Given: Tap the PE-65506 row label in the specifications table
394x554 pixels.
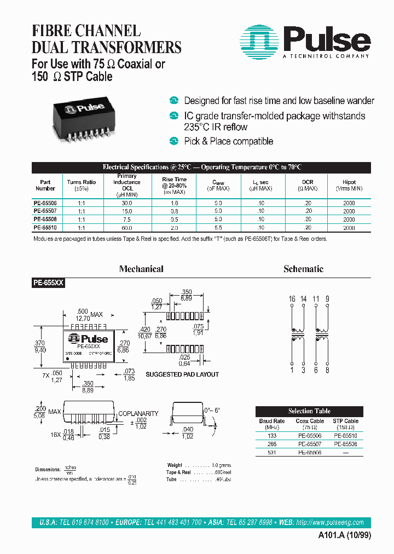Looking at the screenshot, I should (45, 203).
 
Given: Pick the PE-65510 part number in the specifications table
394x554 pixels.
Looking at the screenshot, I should (45, 227).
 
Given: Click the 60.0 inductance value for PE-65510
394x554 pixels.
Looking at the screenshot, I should (127, 227).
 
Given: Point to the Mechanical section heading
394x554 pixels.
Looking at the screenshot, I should (141, 269).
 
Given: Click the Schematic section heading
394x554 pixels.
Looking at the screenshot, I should (303, 269).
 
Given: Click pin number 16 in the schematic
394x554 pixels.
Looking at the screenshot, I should (292, 299).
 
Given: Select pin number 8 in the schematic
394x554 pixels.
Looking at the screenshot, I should (327, 371).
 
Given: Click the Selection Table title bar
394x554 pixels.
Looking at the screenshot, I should (309, 411).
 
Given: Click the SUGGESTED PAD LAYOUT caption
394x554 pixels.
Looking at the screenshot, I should (182, 374).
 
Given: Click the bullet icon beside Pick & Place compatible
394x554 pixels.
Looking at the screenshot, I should (174, 141).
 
